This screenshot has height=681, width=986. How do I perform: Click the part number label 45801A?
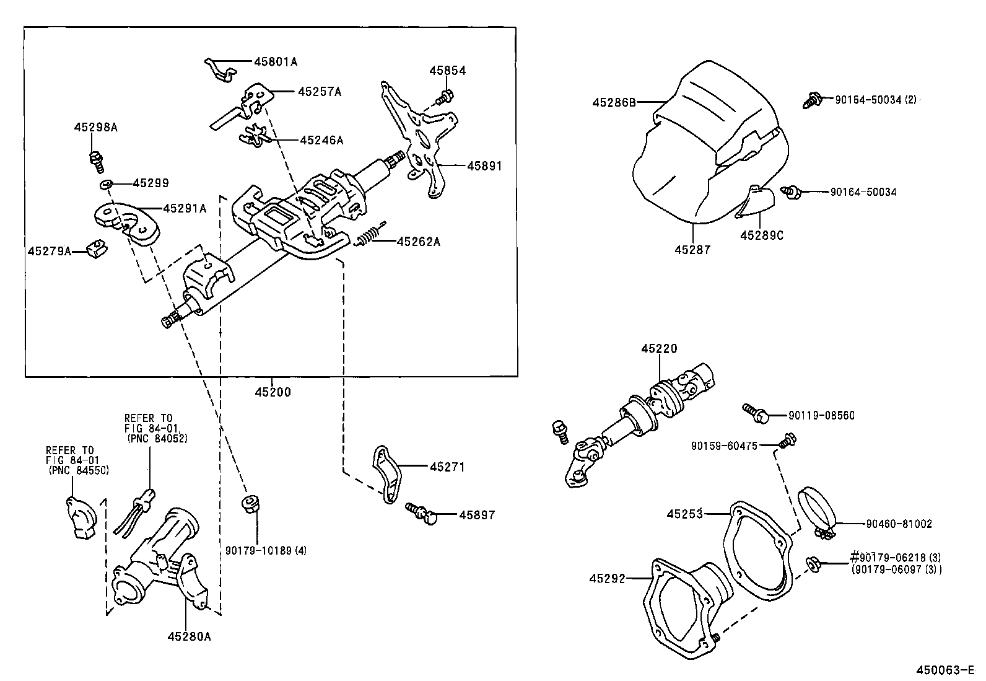pyautogui.click(x=276, y=62)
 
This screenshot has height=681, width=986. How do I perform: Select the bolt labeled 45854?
pyautogui.click(x=444, y=97)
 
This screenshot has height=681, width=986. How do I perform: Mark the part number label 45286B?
pyautogui.click(x=614, y=102)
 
